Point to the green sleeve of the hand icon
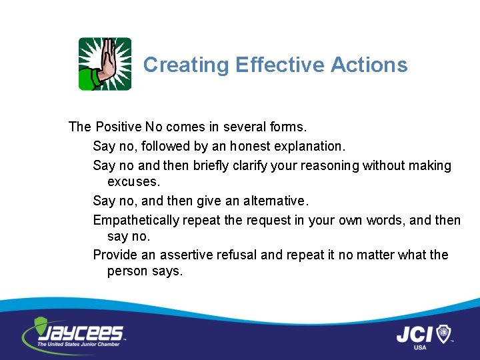point(89,81)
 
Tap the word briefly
point(214,165)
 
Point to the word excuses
point(134,181)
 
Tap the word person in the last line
point(126,271)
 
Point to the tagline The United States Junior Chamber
point(79,344)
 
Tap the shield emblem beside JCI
point(443,333)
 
